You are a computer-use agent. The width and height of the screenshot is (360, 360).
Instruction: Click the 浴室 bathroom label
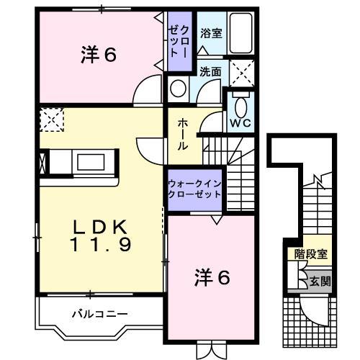pyautogui.click(x=211, y=32)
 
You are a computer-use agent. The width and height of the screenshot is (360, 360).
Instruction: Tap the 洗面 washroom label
pyautogui.click(x=210, y=71)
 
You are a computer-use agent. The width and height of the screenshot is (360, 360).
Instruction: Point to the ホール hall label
pyautogui.click(x=183, y=134)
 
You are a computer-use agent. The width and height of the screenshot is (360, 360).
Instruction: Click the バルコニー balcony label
pyautogui.click(x=99, y=314)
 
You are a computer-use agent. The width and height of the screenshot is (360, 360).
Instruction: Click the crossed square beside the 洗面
pyautogui.click(x=239, y=72)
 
